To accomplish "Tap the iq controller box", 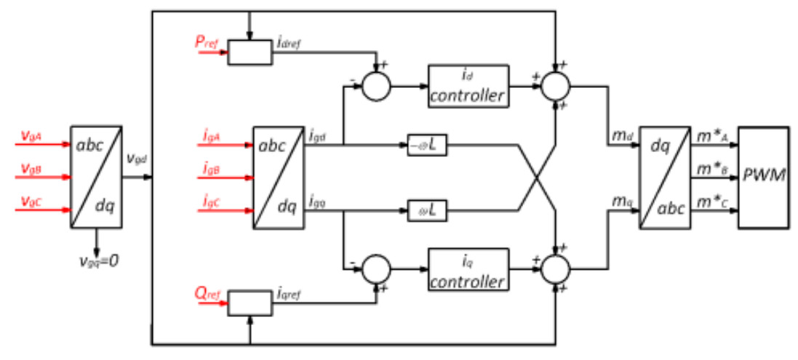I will coord(468,268).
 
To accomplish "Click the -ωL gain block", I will coord(427,145).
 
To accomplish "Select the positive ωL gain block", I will coord(427,211).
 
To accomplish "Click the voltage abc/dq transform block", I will coord(96,177).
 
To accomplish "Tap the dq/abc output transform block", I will coord(665,177).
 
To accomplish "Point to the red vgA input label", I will coord(31,135).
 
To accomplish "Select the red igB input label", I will coord(212,172).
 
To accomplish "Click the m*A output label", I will coord(711,136).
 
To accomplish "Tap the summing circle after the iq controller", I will coord(556,268).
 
